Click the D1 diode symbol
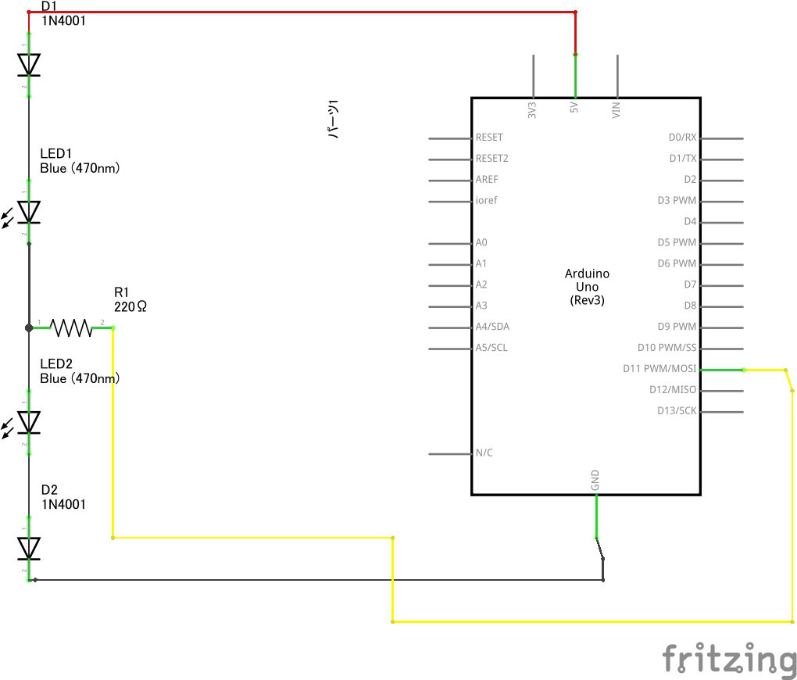pyautogui.click(x=29, y=65)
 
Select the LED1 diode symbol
pyautogui.click(x=26, y=212)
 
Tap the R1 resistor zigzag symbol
pyautogui.click(x=71, y=328)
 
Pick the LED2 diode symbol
pyautogui.click(x=26, y=422)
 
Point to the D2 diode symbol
pyautogui.click(x=29, y=548)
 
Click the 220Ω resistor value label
pyautogui.click(x=130, y=306)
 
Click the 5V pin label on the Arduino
pyautogui.click(x=574, y=107)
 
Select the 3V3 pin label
pyautogui.click(x=532, y=110)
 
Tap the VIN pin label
pyautogui.click(x=616, y=110)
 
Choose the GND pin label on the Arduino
pyautogui.click(x=595, y=480)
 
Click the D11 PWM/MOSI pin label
pyautogui.click(x=659, y=369)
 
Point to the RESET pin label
pyautogui.click(x=489, y=138)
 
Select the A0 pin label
pyautogui.click(x=481, y=242)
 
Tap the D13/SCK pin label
pyautogui.click(x=677, y=410)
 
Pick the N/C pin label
pyautogui.click(x=484, y=453)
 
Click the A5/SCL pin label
pyautogui.click(x=491, y=348)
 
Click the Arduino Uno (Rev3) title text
pyautogui.click(x=587, y=287)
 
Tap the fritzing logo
pyautogui.click(x=729, y=660)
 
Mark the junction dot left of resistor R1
pyautogui.click(x=29, y=328)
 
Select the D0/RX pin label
pyautogui.click(x=683, y=138)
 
